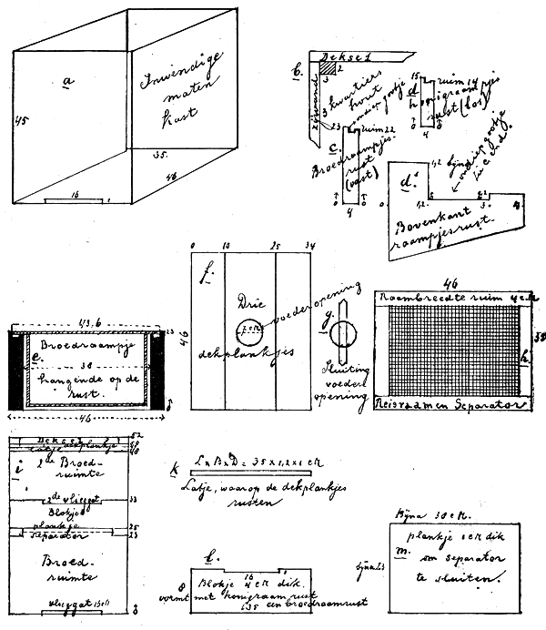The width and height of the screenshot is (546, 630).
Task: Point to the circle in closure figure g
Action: pyautogui.click(x=339, y=339)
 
